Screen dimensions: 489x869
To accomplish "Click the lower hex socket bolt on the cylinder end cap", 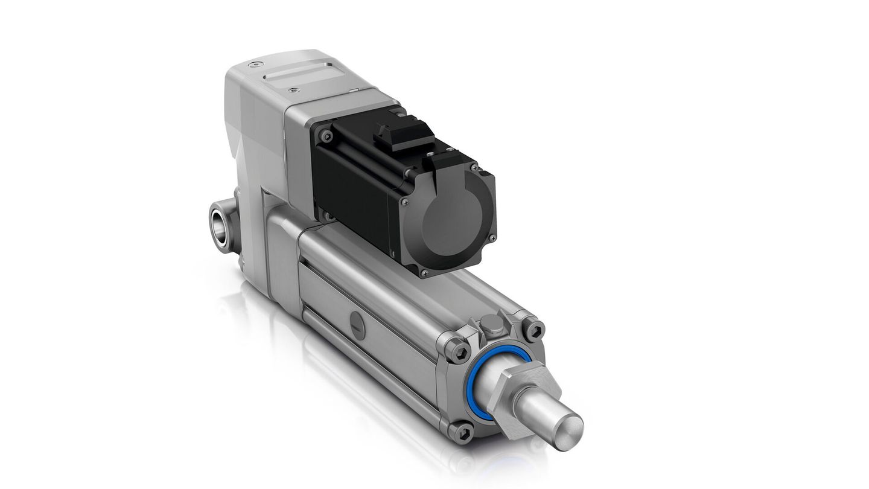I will (462, 431).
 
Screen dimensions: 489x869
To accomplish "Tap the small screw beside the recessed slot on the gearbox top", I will (293, 90).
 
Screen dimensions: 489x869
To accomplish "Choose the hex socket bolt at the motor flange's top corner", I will (326, 136).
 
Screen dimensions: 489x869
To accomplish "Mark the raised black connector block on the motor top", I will (403, 135).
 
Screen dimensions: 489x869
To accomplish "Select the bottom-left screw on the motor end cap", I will (423, 272).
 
